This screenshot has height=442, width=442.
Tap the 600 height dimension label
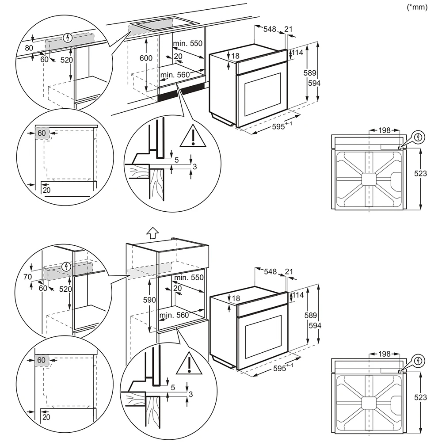(x=146, y=58)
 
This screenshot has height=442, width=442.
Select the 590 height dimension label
(x=149, y=300)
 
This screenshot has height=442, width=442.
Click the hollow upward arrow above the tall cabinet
(x=152, y=232)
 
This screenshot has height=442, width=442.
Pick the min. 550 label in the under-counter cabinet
(x=187, y=44)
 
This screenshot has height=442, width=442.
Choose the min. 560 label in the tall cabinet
(x=174, y=315)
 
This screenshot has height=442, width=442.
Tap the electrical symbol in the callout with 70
(x=66, y=266)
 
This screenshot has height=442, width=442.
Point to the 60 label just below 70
(x=43, y=288)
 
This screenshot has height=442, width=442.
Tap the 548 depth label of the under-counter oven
(x=270, y=29)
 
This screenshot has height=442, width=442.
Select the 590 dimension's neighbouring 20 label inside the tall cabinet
(x=178, y=288)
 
